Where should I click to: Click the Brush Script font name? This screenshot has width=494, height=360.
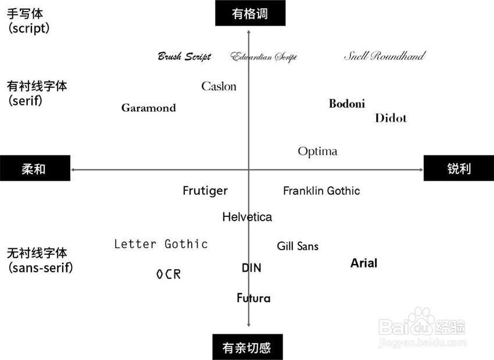[184, 57]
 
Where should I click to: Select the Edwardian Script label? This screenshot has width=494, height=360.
[263, 57]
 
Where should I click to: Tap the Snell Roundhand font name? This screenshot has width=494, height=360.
[384, 56]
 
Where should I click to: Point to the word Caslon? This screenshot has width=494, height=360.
[219, 87]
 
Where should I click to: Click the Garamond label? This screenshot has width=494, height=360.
[148, 108]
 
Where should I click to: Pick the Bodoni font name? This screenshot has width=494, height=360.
[347, 104]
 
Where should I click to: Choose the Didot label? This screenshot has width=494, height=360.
[391, 119]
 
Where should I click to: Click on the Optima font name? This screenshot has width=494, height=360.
[317, 152]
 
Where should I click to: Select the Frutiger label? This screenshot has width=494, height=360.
[205, 191]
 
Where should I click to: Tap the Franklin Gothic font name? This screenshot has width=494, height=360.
[321, 191]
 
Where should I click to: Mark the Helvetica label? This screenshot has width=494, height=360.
[247, 218]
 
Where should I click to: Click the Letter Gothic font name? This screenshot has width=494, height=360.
[161, 244]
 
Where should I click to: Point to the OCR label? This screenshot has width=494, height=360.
[169, 275]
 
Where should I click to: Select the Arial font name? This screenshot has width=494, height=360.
[364, 263]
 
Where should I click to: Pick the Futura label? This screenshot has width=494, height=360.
[253, 298]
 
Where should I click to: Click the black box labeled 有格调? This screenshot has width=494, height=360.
[250, 13]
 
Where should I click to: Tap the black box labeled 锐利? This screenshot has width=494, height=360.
[459, 169]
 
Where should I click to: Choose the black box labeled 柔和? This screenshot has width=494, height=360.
[35, 169]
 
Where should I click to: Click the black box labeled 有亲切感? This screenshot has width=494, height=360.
[247, 347]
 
